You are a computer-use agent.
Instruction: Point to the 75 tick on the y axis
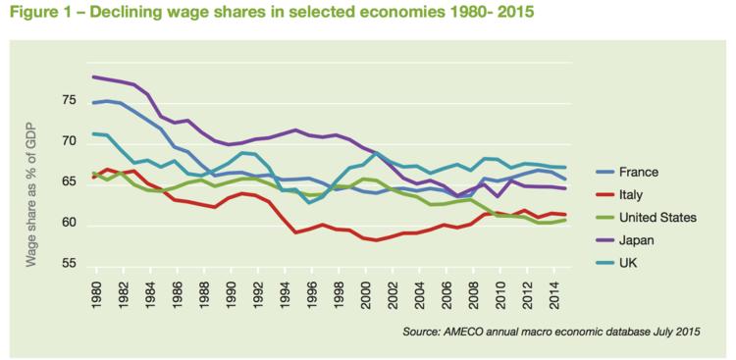66,101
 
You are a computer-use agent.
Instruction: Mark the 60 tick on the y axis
66,224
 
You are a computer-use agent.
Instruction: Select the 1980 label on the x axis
95,298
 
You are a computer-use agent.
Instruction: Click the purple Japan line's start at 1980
93,77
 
